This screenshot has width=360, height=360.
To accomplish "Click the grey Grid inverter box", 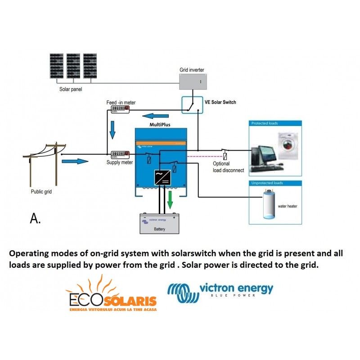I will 193,81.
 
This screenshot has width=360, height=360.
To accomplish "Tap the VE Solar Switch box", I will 192,105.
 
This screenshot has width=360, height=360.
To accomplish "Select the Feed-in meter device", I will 120,109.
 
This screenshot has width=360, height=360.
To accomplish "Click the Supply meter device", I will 120,154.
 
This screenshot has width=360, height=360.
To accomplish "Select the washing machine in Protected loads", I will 287,145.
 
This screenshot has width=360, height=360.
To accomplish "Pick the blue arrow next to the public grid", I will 75,161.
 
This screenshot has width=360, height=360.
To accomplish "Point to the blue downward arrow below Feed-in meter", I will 113,131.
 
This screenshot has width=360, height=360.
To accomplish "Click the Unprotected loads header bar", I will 275,183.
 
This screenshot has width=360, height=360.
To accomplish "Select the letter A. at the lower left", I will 36,219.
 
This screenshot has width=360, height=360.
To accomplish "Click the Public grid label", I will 43,191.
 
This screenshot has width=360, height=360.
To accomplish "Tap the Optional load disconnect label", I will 228,167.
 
